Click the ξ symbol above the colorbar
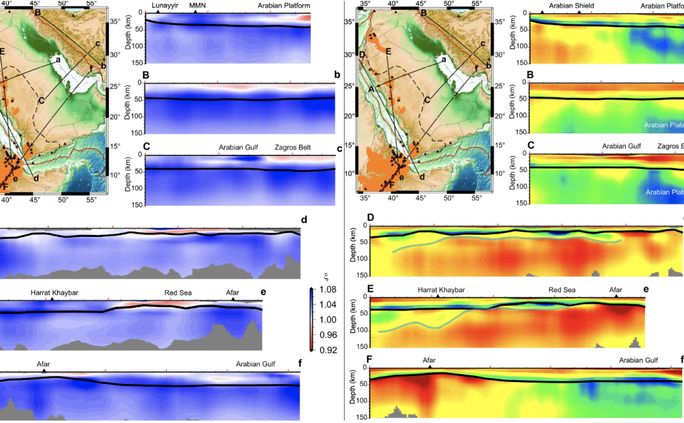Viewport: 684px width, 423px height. [x=318, y=279]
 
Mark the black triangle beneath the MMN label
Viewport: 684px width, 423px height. [x=196, y=12]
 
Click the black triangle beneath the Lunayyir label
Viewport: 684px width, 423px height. [x=158, y=12]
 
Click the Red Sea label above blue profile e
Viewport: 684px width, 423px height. [x=178, y=292]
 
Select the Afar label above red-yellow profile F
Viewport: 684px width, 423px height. [x=429, y=360]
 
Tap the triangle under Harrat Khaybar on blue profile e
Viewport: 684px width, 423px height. [x=51, y=299]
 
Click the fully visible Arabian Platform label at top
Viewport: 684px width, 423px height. [x=283, y=5]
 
